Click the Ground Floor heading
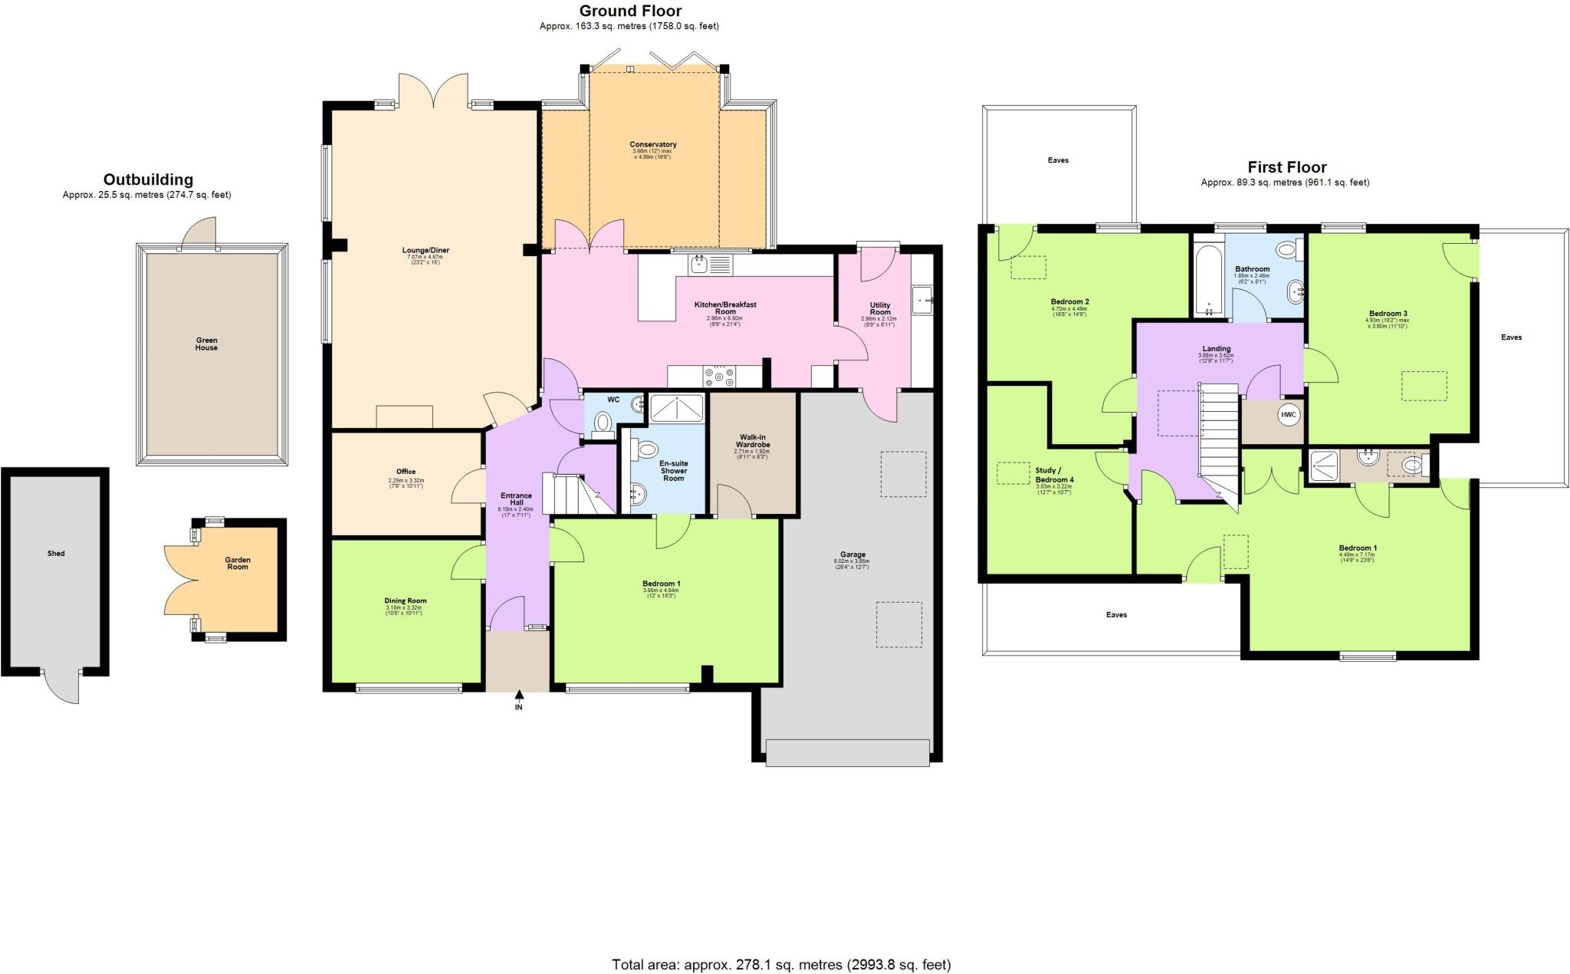(x=629, y=11)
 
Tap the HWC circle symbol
(x=1289, y=415)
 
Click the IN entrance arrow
(x=519, y=696)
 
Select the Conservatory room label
(x=653, y=144)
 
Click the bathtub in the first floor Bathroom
(x=1207, y=280)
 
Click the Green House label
(x=206, y=344)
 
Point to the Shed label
(x=55, y=553)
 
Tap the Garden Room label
(x=238, y=563)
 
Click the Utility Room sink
(x=922, y=300)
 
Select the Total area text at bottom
(x=781, y=964)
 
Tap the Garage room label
(x=852, y=554)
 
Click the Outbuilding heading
(x=148, y=180)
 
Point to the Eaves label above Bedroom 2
(x=1058, y=160)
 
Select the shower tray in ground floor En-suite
(x=676, y=408)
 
